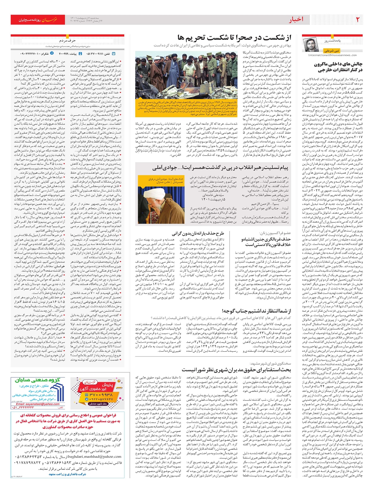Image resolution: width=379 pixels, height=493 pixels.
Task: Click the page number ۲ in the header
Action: pyautogui.click(x=358, y=20)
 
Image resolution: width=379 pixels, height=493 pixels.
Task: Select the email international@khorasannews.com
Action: pyautogui.click(x=332, y=55)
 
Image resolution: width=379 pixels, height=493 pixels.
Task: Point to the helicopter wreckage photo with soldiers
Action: pyautogui.click(x=186, y=76)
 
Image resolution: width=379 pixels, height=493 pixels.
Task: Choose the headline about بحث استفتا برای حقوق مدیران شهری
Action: pyautogui.click(x=236, y=369)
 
